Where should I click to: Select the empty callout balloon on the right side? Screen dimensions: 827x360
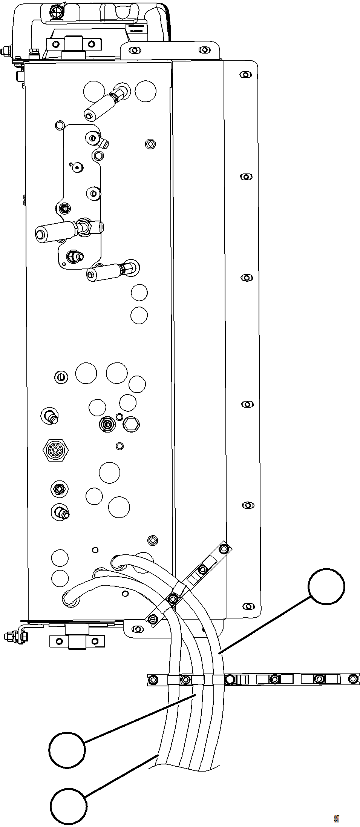coord(326,586)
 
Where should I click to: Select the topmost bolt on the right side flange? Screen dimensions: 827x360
coord(246,74)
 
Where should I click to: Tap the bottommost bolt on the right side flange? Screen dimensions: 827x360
coord(247,606)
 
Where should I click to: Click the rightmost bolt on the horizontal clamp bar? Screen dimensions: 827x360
coord(353,679)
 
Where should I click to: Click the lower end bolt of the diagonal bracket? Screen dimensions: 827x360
coord(153,619)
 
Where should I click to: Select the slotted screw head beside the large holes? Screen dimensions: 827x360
coord(62,376)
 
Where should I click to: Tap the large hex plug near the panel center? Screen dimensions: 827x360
coord(131,425)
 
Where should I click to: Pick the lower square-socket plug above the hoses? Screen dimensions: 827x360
coord(153,540)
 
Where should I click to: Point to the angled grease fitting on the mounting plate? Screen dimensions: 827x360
coord(103,142)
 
